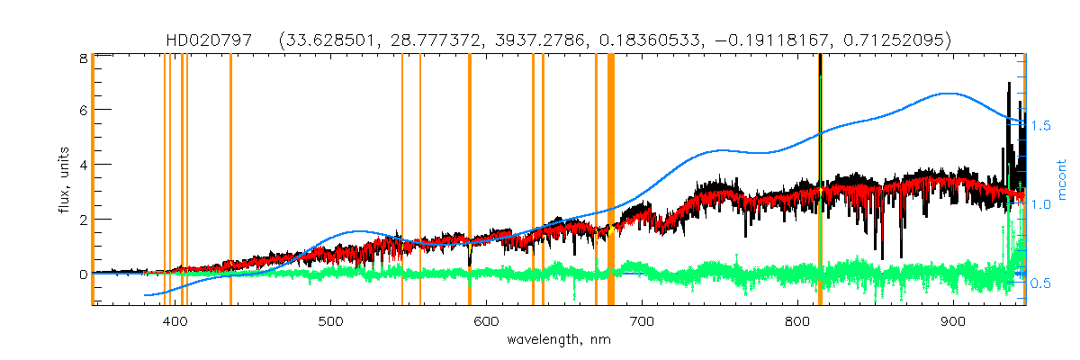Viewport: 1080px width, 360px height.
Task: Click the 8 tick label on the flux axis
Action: [x=82, y=57]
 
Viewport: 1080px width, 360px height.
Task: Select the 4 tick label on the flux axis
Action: [x=82, y=165]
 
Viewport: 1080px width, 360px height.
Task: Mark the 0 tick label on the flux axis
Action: [x=82, y=274]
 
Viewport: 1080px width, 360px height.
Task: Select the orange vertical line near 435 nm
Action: [x=230, y=180]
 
